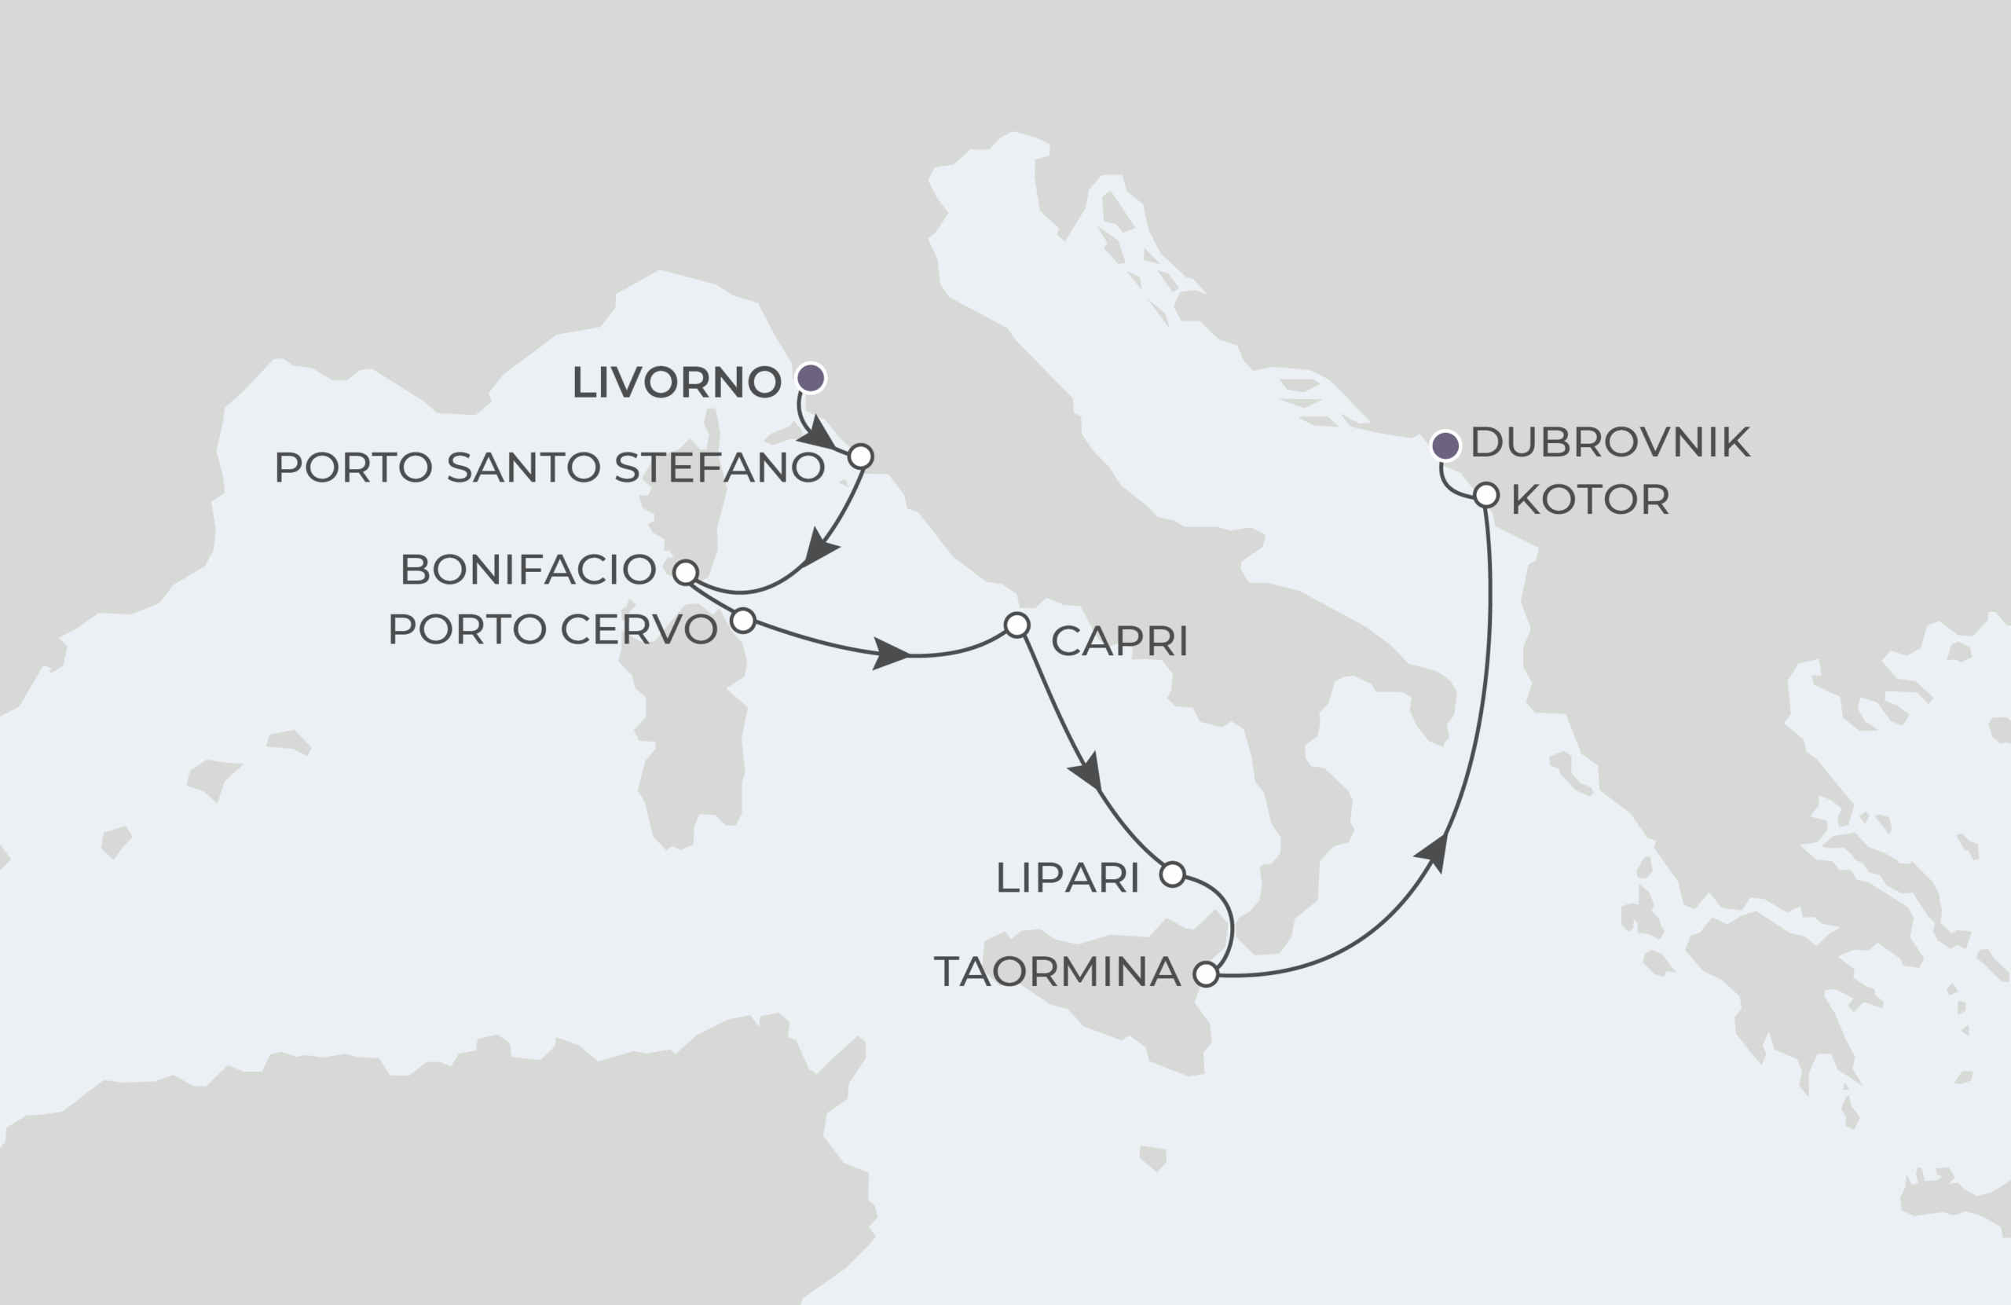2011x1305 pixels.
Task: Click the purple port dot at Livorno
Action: [811, 378]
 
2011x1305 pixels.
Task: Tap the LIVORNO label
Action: [676, 382]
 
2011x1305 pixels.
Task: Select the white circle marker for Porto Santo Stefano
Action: [860, 456]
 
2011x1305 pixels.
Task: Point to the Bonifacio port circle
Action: [685, 572]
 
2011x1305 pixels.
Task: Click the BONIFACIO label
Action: [528, 570]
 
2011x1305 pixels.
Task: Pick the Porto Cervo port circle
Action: [742, 621]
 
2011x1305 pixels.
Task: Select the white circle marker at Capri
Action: [1016, 625]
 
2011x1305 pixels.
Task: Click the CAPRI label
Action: [1119, 642]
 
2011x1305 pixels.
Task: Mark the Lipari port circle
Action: [1172, 874]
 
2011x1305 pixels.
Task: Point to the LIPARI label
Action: [1068, 878]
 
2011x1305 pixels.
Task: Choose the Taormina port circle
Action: [1206, 974]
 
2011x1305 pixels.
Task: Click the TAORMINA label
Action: [1057, 972]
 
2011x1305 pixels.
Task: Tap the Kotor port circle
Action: [1486, 495]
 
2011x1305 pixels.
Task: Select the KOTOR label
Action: [1589, 500]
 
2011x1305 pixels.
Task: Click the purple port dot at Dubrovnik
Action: [1445, 445]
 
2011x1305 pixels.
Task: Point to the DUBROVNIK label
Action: [1610, 442]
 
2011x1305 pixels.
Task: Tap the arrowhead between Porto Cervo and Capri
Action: [891, 654]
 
